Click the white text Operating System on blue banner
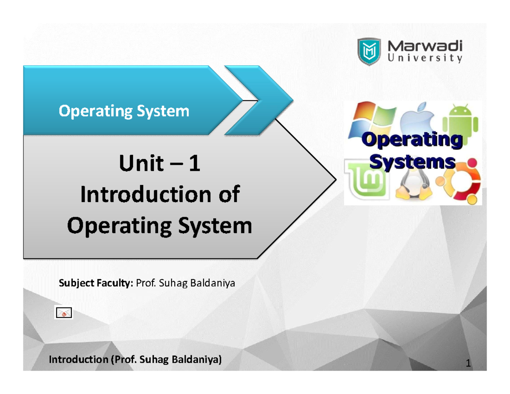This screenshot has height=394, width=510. (x=123, y=111)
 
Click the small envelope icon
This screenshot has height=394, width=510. (x=64, y=314)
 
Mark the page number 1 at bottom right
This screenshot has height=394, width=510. (x=468, y=364)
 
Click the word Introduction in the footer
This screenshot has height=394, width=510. (x=79, y=360)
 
